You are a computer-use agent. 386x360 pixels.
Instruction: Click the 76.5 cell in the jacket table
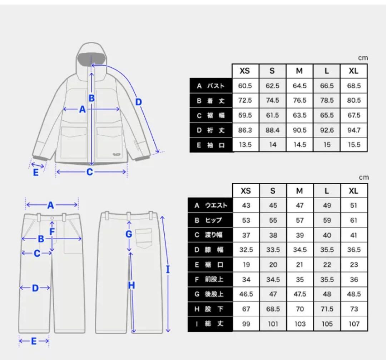(300, 100)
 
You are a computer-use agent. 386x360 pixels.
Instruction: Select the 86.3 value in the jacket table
(245, 130)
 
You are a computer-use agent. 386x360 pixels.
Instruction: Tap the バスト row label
(216, 86)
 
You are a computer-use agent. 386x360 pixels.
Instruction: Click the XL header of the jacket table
(353, 71)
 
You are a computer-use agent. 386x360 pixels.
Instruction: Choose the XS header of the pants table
(246, 191)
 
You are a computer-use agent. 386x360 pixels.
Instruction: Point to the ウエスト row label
(216, 205)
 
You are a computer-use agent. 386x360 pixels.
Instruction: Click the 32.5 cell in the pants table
(246, 250)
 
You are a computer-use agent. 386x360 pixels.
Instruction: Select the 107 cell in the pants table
(354, 324)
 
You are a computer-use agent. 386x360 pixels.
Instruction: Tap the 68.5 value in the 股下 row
(273, 309)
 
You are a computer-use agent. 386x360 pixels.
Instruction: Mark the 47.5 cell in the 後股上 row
(300, 294)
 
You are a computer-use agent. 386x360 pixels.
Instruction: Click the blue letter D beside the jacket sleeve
(139, 102)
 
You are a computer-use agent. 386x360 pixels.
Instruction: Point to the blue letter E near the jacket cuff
(36, 172)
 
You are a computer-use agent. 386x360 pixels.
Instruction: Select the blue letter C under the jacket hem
(90, 172)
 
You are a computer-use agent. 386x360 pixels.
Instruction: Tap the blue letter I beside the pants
(168, 270)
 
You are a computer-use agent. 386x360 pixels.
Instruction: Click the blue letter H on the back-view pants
(132, 285)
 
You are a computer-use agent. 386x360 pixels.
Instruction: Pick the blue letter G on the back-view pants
(129, 234)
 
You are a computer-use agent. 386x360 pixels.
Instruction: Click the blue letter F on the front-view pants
(52, 231)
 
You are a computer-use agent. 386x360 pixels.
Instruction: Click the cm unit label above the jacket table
(363, 58)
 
